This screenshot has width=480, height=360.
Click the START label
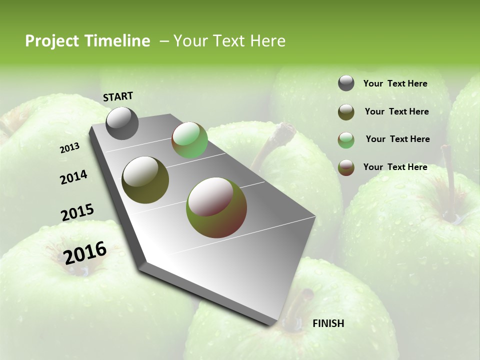pyautogui.click(x=118, y=96)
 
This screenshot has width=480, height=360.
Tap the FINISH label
pyautogui.click(x=328, y=323)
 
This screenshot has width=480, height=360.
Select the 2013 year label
pyautogui.click(x=69, y=148)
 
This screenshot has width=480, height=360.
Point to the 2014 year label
pyautogui.click(x=74, y=177)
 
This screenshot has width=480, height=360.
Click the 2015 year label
pyautogui.click(x=77, y=212)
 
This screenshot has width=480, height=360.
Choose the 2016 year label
pyautogui.click(x=85, y=252)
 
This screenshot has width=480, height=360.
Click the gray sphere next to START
pyautogui.click(x=122, y=123)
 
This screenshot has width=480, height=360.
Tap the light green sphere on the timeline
pyautogui.click(x=189, y=140)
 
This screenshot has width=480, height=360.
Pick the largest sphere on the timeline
pyautogui.click(x=216, y=207)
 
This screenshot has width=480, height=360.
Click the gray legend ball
pyautogui.click(x=346, y=83)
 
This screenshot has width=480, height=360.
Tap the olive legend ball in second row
pyautogui.click(x=346, y=112)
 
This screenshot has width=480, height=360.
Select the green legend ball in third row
pyautogui.click(x=346, y=140)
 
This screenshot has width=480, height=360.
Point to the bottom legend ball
pyautogui.click(x=346, y=167)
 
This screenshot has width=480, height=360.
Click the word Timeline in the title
pyautogui.click(x=118, y=41)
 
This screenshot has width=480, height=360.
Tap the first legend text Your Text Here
pyautogui.click(x=395, y=83)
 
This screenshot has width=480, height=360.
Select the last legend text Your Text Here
pyautogui.click(x=395, y=167)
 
